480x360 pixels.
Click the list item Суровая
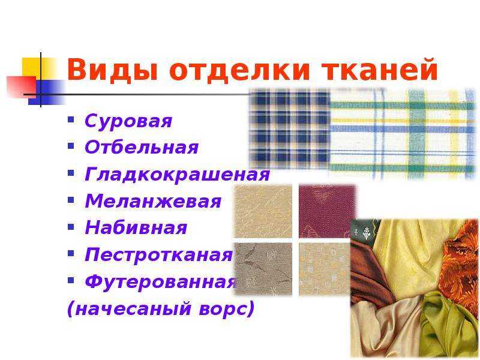coord(128,121)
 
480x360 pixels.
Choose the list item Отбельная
coord(142,147)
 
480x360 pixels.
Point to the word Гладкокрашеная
coord(178,175)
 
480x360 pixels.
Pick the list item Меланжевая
coord(153,201)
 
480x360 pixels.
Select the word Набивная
coord(136,228)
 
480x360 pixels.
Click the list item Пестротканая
coord(159,254)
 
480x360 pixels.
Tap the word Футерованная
coord(161,281)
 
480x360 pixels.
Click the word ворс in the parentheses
coord(227,308)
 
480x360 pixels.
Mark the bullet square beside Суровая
coord(71,119)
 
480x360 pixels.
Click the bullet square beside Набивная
coord(71,226)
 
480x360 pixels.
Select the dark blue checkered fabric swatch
coord(290,128)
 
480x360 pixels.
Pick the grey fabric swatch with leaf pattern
coord(263,269)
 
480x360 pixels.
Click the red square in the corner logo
coord(22,87)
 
